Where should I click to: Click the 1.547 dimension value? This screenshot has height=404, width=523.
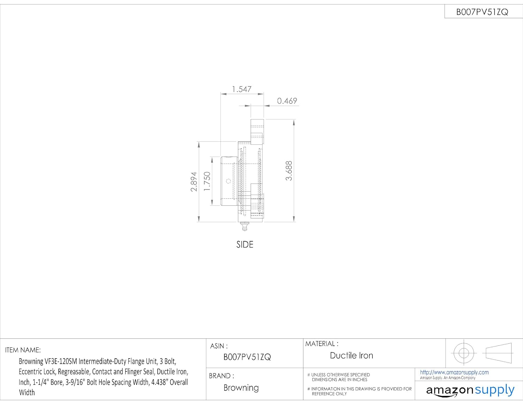(x=242, y=89)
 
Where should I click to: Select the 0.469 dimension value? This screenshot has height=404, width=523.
(x=287, y=101)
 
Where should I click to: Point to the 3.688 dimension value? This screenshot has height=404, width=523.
(x=289, y=171)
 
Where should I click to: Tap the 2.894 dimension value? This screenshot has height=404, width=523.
(x=194, y=182)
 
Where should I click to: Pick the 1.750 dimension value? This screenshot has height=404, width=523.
(x=207, y=181)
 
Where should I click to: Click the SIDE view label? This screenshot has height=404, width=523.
(x=245, y=245)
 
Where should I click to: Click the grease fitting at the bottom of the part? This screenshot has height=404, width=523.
(x=244, y=226)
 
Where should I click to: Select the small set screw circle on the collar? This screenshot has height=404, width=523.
(x=228, y=181)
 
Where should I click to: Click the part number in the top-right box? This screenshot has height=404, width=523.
(x=482, y=12)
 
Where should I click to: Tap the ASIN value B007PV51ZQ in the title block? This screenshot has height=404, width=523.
(x=247, y=357)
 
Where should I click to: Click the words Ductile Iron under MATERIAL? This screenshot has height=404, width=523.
(x=351, y=356)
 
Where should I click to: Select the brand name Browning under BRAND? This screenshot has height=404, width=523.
(x=241, y=388)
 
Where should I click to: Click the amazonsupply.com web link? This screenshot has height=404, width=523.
(x=454, y=372)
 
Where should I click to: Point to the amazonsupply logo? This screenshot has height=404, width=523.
(x=470, y=390)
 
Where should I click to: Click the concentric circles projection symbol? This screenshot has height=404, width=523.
(x=463, y=353)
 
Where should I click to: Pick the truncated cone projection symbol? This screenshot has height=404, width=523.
(x=499, y=353)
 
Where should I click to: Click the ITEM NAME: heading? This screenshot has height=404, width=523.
(x=23, y=350)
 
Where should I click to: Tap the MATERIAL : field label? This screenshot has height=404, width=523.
(x=321, y=344)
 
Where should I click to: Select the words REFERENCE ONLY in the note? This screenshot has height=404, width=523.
(x=329, y=394)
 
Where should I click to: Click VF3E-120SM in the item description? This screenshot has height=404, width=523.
(x=61, y=361)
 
